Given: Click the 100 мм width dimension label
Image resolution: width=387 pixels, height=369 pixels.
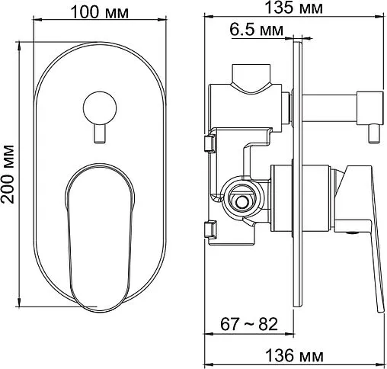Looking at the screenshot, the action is pyautogui.click(x=100, y=12).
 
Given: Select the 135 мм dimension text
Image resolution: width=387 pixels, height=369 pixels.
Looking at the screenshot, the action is pyautogui.click(x=293, y=8).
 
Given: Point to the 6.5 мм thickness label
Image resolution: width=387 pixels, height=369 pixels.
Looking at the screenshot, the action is pyautogui.click(x=256, y=30).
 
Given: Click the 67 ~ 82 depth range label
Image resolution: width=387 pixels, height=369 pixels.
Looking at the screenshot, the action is pyautogui.click(x=249, y=324).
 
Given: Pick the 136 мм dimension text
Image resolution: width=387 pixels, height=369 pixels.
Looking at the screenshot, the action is pyautogui.click(x=295, y=355).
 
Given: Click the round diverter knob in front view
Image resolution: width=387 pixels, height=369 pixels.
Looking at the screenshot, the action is pyautogui.click(x=100, y=108).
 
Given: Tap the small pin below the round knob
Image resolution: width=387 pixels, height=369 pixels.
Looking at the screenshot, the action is pyautogui.click(x=99, y=134).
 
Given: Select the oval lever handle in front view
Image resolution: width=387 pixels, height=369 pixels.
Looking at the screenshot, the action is pyautogui.click(x=100, y=238).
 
